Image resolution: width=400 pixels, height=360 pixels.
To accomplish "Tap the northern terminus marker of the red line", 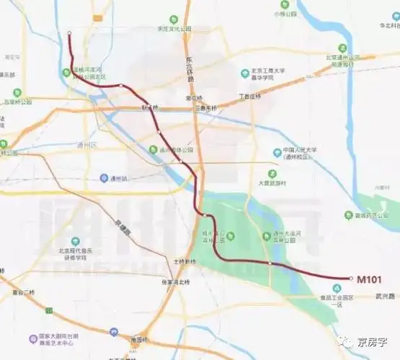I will (69, 33).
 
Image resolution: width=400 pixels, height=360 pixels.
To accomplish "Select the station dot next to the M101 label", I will (350, 279).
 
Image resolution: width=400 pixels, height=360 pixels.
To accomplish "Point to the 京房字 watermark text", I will (373, 343).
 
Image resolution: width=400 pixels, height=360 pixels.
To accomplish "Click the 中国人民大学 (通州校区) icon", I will (277, 152).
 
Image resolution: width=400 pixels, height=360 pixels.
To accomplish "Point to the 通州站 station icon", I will (105, 178).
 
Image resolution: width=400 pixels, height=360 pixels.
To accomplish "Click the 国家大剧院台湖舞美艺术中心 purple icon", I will (33, 338).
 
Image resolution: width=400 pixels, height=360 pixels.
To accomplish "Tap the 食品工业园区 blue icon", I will (336, 287).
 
